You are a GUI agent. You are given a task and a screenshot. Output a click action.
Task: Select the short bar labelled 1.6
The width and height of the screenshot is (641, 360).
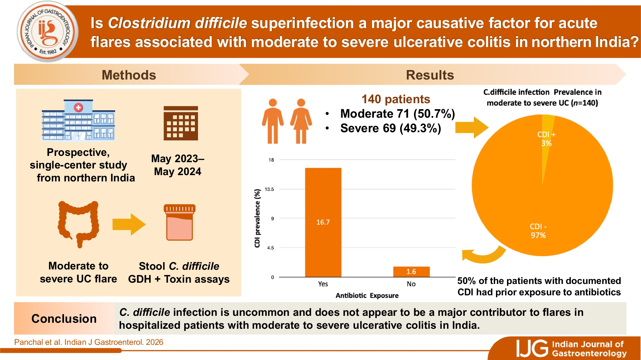(411, 272)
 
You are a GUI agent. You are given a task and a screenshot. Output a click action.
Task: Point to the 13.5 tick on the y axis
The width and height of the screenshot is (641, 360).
(269, 189)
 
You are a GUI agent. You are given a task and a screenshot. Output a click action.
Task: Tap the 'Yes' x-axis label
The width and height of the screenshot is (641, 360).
(323, 284)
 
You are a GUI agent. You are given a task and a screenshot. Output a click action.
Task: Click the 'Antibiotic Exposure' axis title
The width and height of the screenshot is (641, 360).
(367, 296)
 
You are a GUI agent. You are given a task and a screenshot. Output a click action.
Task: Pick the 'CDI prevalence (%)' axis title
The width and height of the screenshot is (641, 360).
(257, 218)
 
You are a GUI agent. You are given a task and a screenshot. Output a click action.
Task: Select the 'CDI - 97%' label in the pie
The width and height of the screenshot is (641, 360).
(538, 231)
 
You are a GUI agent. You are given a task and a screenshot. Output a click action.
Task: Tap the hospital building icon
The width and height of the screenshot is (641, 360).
(78, 120)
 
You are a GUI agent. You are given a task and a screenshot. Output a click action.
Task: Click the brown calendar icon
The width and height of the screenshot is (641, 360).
(181, 123)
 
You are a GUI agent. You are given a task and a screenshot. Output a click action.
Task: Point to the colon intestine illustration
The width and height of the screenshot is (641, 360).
(79, 223)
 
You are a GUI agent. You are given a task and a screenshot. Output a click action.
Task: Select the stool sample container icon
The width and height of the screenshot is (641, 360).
(179, 222)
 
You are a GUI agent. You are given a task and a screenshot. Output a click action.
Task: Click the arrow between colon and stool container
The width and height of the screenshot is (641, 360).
(129, 224)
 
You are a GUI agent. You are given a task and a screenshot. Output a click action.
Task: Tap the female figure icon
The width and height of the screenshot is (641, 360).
(301, 121)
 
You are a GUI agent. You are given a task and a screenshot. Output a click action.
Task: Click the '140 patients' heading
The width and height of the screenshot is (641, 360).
(396, 99)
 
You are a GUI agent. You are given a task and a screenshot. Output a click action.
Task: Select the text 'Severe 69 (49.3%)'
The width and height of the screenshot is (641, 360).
(390, 128)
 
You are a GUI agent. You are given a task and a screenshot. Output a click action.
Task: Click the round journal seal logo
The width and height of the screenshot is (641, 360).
(48, 32)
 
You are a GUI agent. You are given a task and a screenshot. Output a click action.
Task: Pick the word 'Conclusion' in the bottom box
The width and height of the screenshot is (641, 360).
(64, 319)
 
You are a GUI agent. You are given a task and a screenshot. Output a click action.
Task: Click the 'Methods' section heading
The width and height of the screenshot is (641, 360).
(129, 75)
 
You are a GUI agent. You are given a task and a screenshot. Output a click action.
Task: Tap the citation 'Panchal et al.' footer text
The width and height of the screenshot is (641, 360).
(89, 342)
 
